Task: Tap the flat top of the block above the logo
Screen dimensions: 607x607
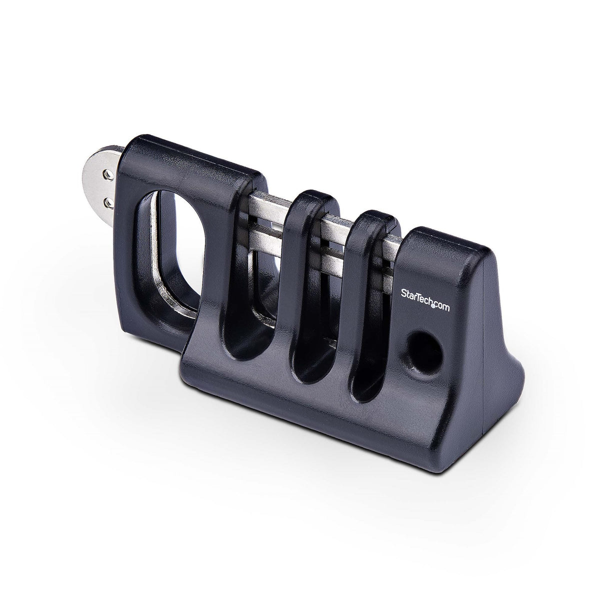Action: click(445, 245)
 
